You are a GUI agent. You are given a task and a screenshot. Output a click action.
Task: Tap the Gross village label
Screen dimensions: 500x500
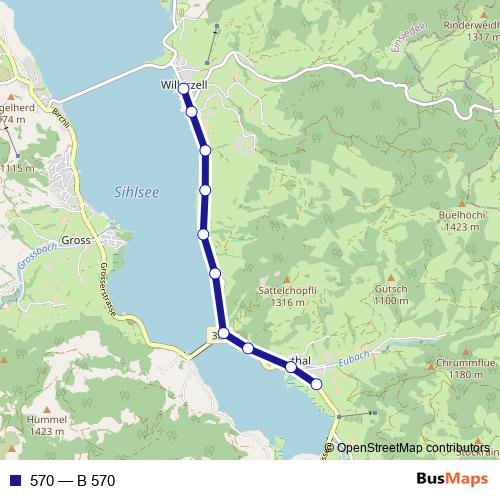coord(76,241)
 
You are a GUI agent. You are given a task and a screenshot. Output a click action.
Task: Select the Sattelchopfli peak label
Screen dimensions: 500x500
coord(287,290)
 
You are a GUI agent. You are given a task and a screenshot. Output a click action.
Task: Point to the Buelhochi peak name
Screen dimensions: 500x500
coord(460,215)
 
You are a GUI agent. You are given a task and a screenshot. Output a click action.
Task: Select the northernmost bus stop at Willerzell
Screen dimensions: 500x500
coord(183,89)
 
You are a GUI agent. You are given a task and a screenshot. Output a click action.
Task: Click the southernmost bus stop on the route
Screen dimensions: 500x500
coord(317,384)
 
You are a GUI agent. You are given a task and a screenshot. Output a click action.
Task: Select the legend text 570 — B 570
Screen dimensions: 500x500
coord(73,480)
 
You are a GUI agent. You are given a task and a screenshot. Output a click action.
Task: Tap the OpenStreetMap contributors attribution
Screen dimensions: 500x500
coord(413,448)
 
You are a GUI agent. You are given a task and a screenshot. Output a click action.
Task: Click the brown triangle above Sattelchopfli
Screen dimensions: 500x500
coord(286,279)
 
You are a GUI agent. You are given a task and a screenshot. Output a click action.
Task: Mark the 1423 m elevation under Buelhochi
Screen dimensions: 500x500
coord(461,227)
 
